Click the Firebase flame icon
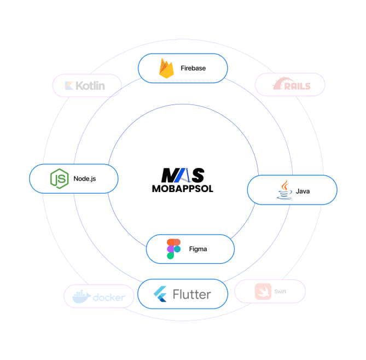pyautogui.click(x=166, y=68)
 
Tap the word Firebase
pyautogui.click(x=193, y=68)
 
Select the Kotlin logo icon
pyautogui.click(x=69, y=85)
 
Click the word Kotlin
pyautogui.click(x=91, y=85)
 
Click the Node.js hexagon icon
pyautogui.click(x=58, y=178)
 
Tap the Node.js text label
pyautogui.click(x=85, y=178)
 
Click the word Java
pyautogui.click(x=303, y=191)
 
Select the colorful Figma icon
pyautogui.click(x=173, y=249)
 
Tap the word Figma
pyautogui.click(x=198, y=249)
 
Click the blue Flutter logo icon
pyautogui.click(x=160, y=294)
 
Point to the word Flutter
pyautogui.click(x=191, y=294)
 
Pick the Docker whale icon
pyautogui.click(x=81, y=297)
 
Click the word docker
pyautogui.click(x=109, y=298)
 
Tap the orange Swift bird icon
pyautogui.click(x=263, y=292)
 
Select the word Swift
pyautogui.click(x=281, y=292)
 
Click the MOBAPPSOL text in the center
pyautogui.click(x=183, y=189)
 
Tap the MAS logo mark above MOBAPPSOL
pyautogui.click(x=183, y=175)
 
